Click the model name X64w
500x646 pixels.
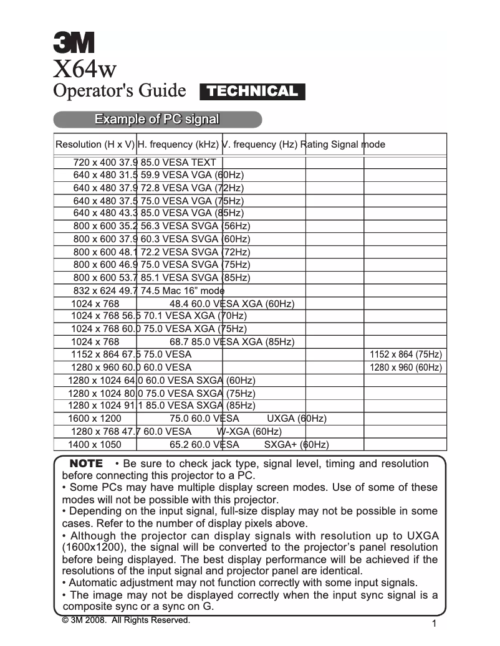(x=85, y=66)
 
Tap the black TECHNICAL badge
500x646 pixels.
(x=252, y=92)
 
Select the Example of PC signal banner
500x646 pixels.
(x=156, y=120)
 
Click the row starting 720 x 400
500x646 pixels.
(x=145, y=162)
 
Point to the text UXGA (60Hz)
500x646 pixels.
(x=297, y=418)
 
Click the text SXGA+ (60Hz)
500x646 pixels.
(x=296, y=445)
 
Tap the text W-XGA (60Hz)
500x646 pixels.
(x=249, y=431)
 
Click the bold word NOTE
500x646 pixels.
(x=86, y=464)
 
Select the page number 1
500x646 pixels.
(x=433, y=624)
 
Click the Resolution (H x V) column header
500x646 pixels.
(x=95, y=145)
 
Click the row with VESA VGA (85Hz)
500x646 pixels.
(x=158, y=213)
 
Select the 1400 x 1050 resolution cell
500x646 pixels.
(x=94, y=445)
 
